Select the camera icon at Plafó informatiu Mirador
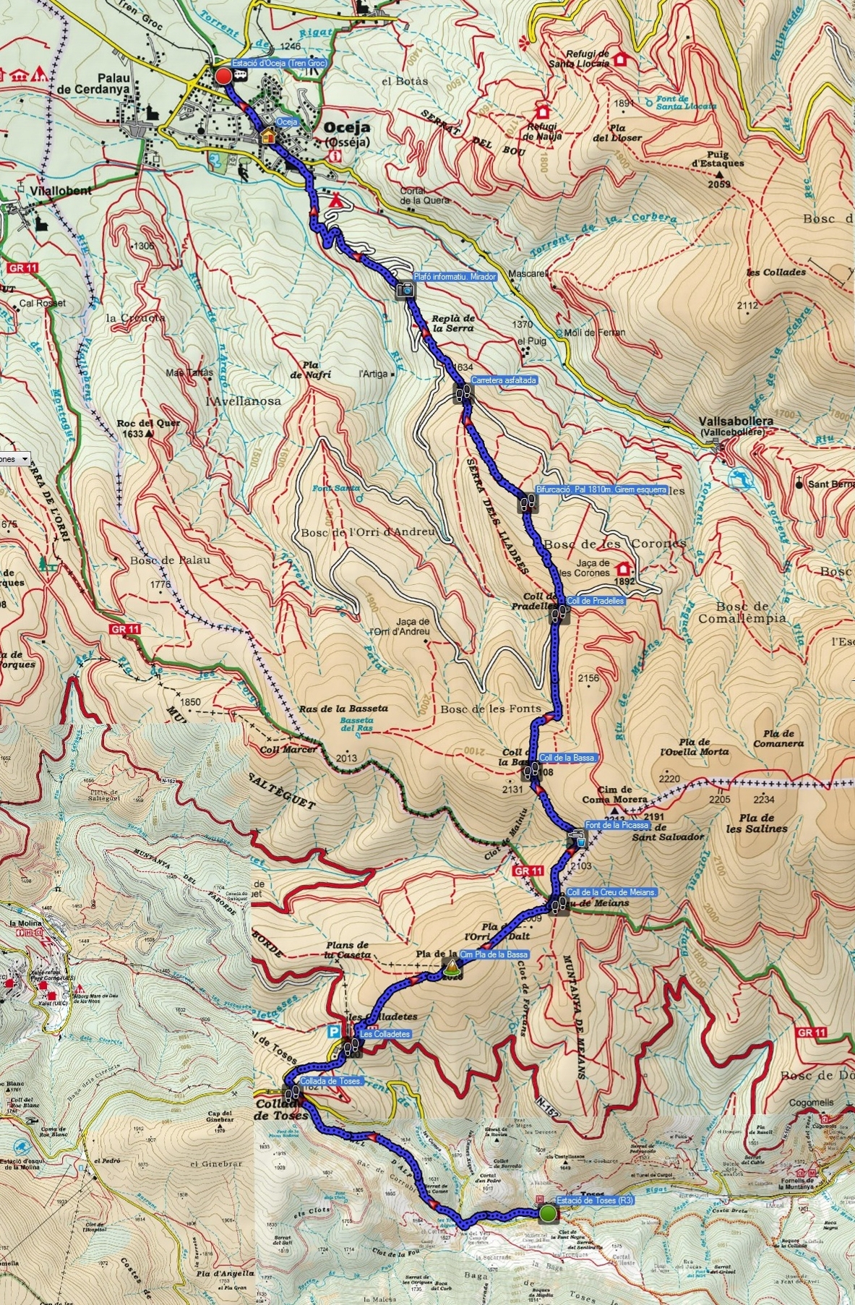[x=405, y=289]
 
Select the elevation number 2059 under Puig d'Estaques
[x=719, y=184]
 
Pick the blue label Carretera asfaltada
[x=504, y=380]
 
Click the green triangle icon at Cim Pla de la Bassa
[x=451, y=965]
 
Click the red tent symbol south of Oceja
[x=334, y=200]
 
